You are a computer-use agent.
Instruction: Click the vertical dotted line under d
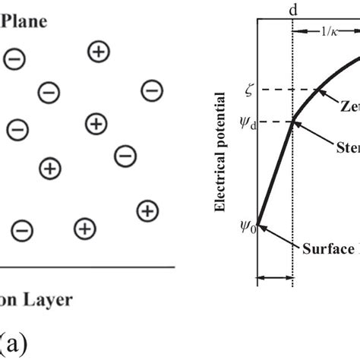click(293, 190)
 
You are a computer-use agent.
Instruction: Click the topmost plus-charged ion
click(99, 52)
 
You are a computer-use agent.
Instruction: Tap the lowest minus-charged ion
click(22, 229)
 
